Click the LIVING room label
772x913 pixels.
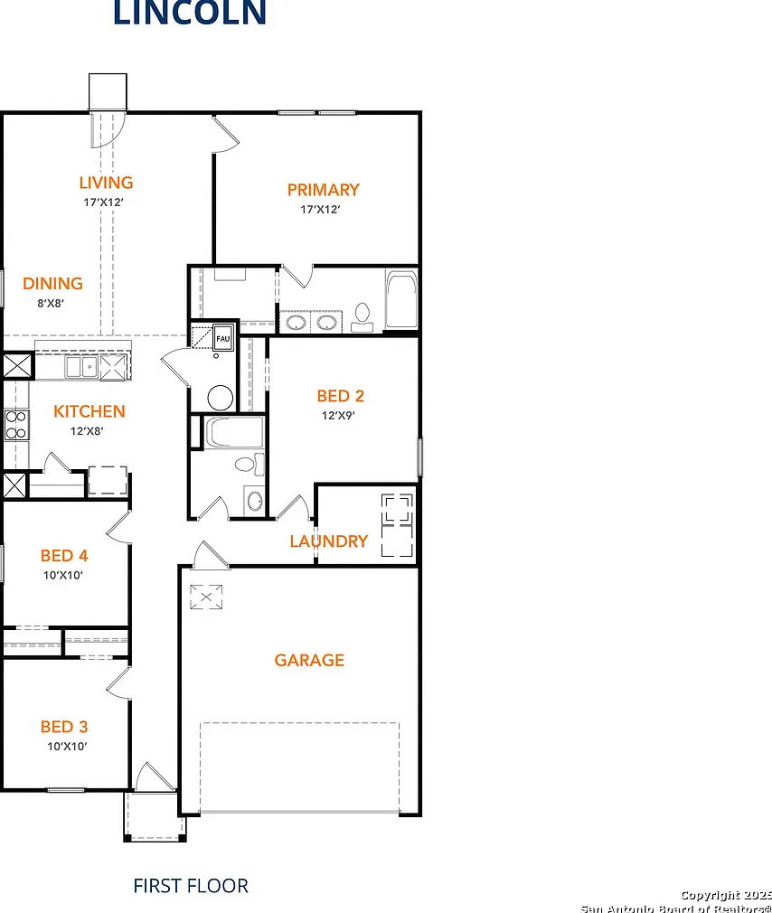[x=106, y=183]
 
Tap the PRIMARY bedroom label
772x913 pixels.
[x=323, y=190]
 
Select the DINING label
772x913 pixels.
[x=52, y=284]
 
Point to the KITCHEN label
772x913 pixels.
[x=89, y=411]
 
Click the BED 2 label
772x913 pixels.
[x=341, y=396]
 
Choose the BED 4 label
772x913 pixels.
[x=64, y=556]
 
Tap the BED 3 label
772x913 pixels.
[x=64, y=727]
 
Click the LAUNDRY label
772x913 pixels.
[x=329, y=541]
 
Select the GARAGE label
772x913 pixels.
[x=309, y=660]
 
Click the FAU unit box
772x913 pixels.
[x=223, y=338]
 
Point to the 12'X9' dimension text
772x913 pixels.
[x=338, y=415]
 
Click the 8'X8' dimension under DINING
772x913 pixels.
[x=51, y=303]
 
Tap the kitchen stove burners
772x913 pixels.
[x=15, y=425]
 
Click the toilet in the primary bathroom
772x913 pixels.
[x=362, y=317]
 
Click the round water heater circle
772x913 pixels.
[x=221, y=399]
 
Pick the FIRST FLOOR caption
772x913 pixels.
[x=191, y=886]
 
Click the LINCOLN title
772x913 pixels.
[x=190, y=13]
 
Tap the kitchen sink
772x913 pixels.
[x=81, y=367]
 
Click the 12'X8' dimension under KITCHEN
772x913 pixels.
[x=87, y=431]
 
